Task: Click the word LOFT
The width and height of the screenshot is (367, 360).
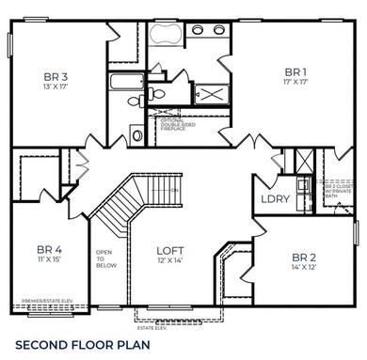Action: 170,251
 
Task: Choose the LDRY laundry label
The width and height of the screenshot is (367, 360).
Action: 275,198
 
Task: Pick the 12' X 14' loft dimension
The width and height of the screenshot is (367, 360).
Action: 170,262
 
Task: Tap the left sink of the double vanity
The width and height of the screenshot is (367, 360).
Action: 199,29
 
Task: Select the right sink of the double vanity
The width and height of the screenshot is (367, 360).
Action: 217,29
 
